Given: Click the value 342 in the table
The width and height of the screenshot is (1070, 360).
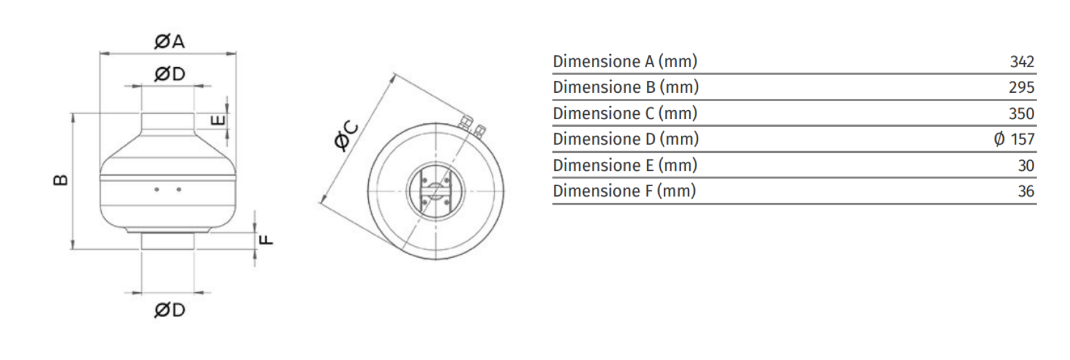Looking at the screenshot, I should [1022, 61].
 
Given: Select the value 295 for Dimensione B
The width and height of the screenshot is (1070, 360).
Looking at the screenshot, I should [1021, 87].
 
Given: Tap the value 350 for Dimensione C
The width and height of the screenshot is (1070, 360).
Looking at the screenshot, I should [1021, 113].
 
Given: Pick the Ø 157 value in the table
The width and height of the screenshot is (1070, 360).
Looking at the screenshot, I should [1014, 139].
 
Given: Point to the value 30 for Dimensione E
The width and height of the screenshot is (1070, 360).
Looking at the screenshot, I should [1025, 165].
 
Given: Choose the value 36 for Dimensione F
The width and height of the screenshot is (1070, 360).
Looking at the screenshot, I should [1025, 191].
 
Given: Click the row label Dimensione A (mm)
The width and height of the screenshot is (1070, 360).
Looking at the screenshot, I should [625, 61].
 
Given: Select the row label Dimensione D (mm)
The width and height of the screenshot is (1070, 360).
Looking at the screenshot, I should [626, 139].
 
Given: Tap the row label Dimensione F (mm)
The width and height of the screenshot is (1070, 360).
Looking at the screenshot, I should [624, 191].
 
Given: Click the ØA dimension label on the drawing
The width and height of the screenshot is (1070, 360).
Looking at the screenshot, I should [169, 41].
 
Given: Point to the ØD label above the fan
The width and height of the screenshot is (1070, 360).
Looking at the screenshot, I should [170, 74].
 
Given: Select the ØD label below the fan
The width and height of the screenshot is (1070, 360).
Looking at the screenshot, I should [170, 310].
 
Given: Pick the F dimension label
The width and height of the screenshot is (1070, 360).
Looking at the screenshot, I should [268, 240].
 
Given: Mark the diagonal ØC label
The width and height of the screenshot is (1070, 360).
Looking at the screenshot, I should [346, 136].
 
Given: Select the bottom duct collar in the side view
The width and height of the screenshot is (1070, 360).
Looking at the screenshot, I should [168, 242].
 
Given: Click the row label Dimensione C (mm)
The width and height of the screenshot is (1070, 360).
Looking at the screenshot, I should [625, 113].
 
